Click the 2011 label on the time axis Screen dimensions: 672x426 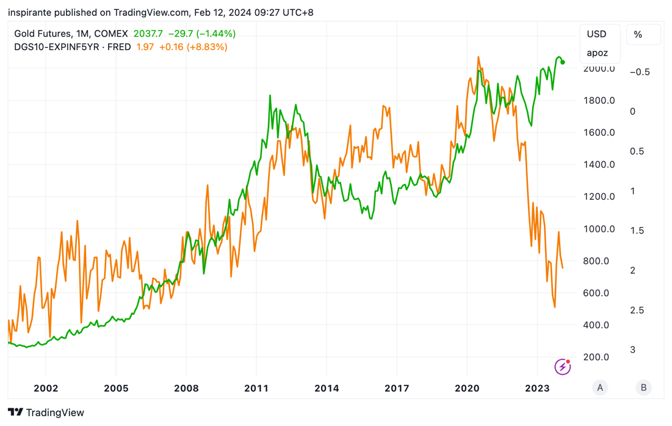[x=256, y=388]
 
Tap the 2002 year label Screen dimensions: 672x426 [x=46, y=388]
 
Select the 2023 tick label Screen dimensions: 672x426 [x=537, y=388]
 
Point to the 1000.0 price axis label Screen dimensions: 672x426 [x=599, y=229]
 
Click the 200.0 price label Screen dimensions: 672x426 [x=596, y=357]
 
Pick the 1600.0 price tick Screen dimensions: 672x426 [x=599, y=133]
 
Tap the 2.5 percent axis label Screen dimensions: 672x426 [x=637, y=310]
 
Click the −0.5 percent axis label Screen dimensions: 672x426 [x=640, y=72]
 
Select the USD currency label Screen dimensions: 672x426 [x=596, y=34]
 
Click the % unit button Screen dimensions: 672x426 [x=638, y=35]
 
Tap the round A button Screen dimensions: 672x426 [x=600, y=388]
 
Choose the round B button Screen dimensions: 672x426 [x=644, y=388]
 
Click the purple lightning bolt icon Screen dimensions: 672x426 [x=562, y=367]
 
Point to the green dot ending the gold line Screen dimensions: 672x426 [x=563, y=62]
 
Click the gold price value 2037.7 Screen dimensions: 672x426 [x=148, y=34]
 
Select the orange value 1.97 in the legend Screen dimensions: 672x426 [x=145, y=47]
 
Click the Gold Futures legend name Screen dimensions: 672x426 [x=43, y=34]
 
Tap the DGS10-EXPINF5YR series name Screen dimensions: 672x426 [x=57, y=47]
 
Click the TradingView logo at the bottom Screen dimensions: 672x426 [x=46, y=413]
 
